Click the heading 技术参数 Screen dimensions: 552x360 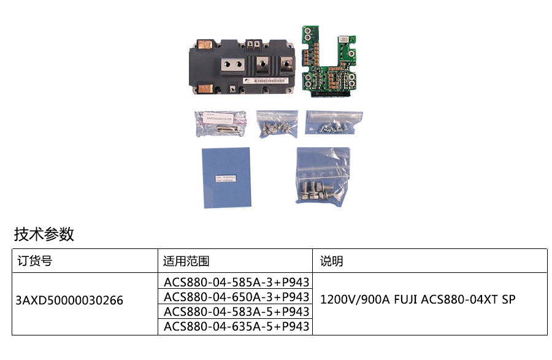coord(44,234)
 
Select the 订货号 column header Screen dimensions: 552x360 coord(34,261)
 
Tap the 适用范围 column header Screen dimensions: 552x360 coord(186,261)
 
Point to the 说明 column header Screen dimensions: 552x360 coord(332,261)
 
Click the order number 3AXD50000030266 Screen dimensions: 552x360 coord(70,301)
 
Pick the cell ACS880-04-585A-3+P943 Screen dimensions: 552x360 coord(236,282)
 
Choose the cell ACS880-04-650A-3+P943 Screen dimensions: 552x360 coord(236,297)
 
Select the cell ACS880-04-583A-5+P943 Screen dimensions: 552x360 coord(236,312)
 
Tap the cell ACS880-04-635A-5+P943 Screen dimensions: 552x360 coord(236,326)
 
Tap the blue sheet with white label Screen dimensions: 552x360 coord(227,177)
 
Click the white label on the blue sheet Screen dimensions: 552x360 coord(227,178)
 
